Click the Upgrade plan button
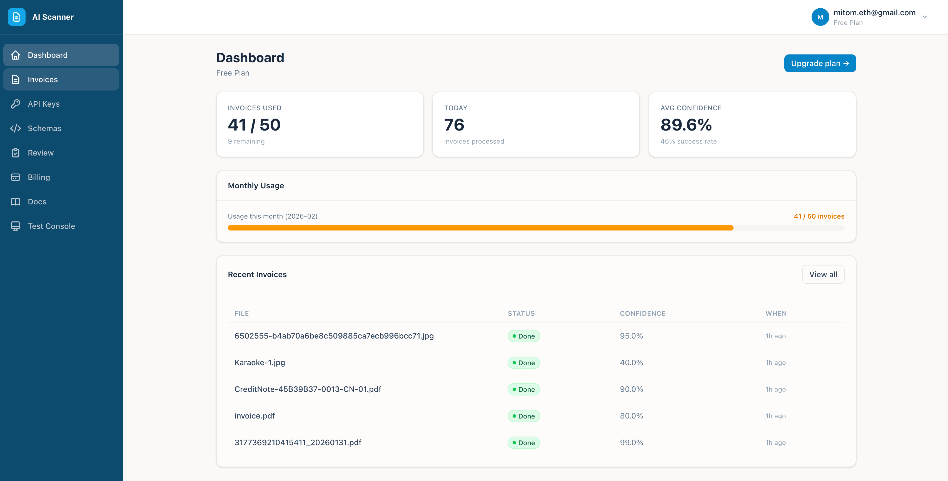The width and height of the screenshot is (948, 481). click(x=820, y=63)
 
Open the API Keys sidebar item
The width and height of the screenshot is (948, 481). click(x=43, y=104)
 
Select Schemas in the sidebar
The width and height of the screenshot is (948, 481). click(x=44, y=128)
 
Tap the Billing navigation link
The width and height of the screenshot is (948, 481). click(x=39, y=177)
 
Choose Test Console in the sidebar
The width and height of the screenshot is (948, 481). click(x=51, y=226)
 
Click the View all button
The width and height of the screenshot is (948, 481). click(x=823, y=274)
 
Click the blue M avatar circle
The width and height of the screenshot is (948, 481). click(x=820, y=17)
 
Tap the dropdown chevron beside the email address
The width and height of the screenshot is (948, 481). click(x=924, y=17)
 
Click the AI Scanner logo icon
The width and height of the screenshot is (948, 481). click(x=17, y=17)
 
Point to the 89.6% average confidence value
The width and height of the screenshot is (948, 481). click(x=686, y=125)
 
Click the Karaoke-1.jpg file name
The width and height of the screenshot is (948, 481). click(x=260, y=363)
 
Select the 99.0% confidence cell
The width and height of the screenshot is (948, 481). click(x=631, y=442)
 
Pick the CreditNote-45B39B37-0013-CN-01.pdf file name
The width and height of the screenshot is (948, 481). click(x=308, y=389)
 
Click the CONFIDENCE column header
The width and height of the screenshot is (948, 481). click(x=643, y=313)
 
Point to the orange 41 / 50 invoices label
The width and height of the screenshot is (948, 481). click(x=819, y=216)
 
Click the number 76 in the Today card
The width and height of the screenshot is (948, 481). click(x=454, y=125)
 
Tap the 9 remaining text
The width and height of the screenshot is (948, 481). click(x=246, y=141)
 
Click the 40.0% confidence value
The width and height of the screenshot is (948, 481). click(x=631, y=363)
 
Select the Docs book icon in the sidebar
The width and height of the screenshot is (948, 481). click(x=16, y=202)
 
